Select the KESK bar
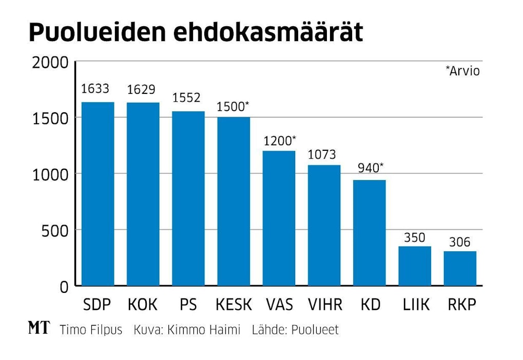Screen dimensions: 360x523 click(x=234, y=201)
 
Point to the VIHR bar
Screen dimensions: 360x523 click(x=324, y=225)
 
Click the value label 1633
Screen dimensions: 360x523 click(x=95, y=89)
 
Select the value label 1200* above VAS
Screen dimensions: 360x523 click(x=280, y=141)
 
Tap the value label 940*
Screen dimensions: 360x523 click(x=371, y=168)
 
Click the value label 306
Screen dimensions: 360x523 click(x=459, y=242)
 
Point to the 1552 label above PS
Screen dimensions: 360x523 click(x=186, y=98)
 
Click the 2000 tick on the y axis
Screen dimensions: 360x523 click(x=50, y=63)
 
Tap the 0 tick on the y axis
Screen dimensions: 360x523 click(x=64, y=287)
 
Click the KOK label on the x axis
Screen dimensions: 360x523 click(x=143, y=305)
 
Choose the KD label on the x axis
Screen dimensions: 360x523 click(x=370, y=305)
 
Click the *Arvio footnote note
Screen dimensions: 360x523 click(x=462, y=71)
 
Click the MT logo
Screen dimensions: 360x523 click(x=39, y=329)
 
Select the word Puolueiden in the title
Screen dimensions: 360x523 click(x=97, y=33)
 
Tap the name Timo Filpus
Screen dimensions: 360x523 click(x=91, y=330)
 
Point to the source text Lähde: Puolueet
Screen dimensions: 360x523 click(x=295, y=330)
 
